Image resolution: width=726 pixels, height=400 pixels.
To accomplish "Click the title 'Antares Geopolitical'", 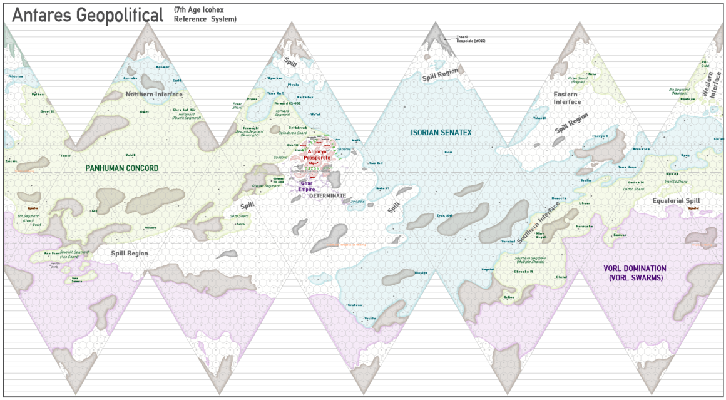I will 88,15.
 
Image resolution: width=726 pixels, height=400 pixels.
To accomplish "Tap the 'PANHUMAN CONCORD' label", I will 122,168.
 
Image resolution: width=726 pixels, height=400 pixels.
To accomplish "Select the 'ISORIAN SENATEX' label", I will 441,132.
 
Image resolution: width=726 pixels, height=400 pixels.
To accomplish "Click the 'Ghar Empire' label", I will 306,186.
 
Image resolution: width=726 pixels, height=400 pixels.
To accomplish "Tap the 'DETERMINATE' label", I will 327,196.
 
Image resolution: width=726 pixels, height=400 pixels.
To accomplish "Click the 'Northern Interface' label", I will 154,95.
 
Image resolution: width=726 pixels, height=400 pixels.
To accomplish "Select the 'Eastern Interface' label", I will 567,98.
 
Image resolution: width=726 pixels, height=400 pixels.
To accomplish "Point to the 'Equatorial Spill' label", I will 675,201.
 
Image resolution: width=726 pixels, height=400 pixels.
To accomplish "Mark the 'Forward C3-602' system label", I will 289,104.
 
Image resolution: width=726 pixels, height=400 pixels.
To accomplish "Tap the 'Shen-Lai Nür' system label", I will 183,110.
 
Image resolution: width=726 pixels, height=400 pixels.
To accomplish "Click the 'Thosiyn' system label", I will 421,273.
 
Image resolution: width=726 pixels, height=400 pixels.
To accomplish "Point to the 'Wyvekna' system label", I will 275,78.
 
